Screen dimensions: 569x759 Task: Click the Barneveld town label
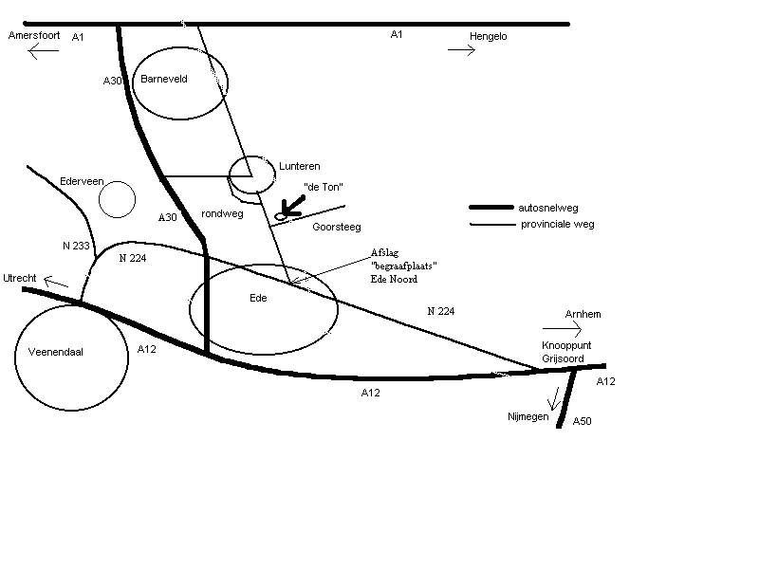click(164, 80)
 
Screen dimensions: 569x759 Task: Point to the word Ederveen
click(81, 179)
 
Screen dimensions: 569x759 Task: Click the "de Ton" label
click(323, 187)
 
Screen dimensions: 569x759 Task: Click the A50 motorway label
click(582, 420)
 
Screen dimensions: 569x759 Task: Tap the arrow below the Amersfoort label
click(44, 51)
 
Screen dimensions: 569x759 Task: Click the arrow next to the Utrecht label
click(56, 281)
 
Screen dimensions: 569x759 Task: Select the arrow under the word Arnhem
click(561, 329)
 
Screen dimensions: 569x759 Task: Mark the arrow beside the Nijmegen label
click(553, 401)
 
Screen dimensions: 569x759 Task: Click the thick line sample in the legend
click(491, 208)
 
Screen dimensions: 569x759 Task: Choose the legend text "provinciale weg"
click(557, 225)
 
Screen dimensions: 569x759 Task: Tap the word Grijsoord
click(564, 359)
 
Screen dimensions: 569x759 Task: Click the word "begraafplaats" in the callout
click(404, 266)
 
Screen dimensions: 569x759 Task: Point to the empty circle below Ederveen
click(118, 199)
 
